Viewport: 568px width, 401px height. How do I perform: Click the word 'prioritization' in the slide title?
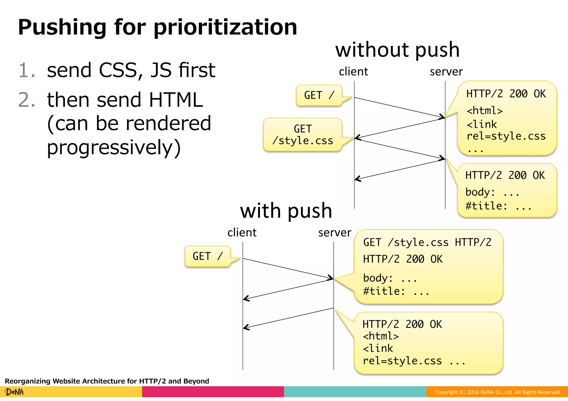[x=225, y=27]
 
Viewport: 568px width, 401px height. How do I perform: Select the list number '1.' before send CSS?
[x=27, y=70]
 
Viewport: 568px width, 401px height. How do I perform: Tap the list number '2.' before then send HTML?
[x=27, y=100]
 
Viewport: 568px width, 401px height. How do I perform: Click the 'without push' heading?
[x=397, y=50]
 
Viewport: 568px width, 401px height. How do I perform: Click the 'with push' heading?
[x=286, y=211]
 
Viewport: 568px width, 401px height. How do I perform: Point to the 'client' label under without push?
[x=353, y=72]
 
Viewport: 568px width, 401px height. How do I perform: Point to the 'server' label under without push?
[x=446, y=72]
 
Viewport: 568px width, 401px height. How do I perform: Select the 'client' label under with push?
[x=242, y=233]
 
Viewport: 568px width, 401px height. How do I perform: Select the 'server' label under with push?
[x=334, y=233]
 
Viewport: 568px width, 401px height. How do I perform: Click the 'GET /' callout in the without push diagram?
[x=319, y=95]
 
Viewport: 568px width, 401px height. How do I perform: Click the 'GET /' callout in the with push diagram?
[x=207, y=256]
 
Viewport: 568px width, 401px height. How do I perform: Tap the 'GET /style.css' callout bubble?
[x=303, y=135]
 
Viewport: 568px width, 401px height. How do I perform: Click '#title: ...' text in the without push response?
[x=498, y=206]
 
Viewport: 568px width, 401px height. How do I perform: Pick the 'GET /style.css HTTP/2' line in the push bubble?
[x=427, y=242]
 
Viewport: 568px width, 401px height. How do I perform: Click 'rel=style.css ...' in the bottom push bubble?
[x=414, y=361]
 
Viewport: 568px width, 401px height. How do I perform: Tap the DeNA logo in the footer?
[x=14, y=392]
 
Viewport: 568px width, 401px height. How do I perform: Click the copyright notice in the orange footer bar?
[x=498, y=392]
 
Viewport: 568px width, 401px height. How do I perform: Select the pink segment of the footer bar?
[x=213, y=392]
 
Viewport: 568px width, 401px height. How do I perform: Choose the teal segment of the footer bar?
[x=355, y=392]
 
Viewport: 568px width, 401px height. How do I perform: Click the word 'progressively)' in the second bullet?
[x=114, y=147]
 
